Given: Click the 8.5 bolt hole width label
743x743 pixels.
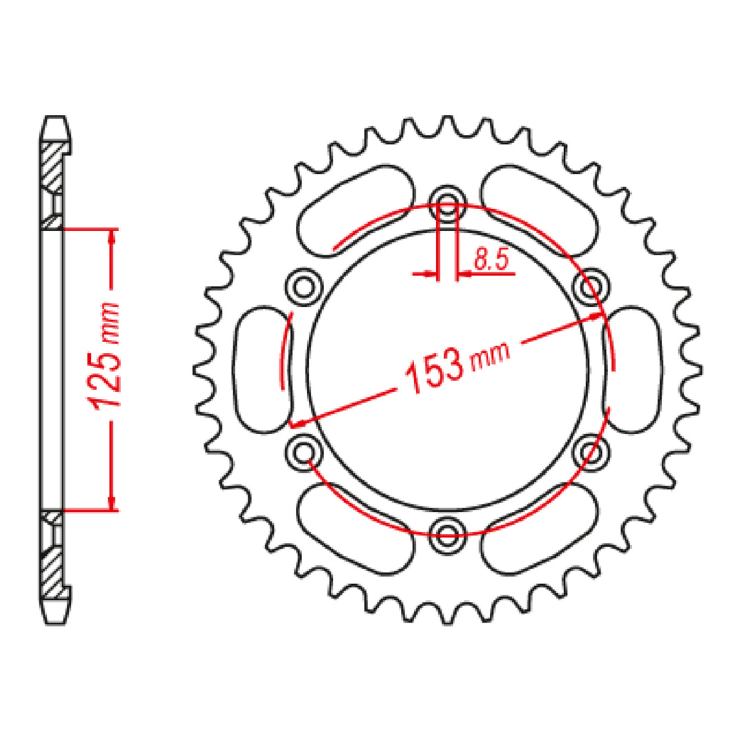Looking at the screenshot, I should pyautogui.click(x=490, y=260).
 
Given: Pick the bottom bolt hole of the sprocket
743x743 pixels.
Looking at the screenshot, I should pyautogui.click(x=448, y=530).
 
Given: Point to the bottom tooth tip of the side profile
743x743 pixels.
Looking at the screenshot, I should pyautogui.click(x=56, y=614).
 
